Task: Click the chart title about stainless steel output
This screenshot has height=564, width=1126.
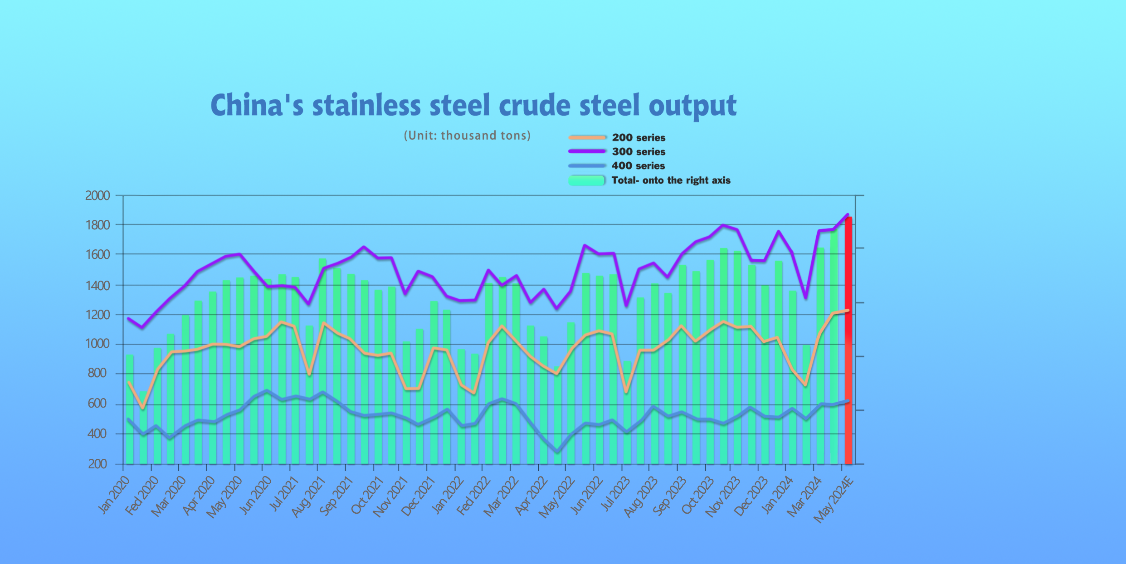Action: click(x=473, y=105)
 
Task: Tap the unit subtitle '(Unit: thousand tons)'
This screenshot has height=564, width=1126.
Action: click(x=467, y=136)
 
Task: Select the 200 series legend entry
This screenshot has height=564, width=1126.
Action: click(x=639, y=137)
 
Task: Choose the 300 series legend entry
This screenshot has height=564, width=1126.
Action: click(x=639, y=151)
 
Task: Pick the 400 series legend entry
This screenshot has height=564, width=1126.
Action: click(x=638, y=166)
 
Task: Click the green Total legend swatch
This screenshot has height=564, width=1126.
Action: click(x=587, y=180)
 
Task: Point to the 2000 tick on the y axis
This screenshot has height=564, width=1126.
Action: click(x=97, y=196)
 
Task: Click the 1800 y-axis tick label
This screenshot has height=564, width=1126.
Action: click(x=97, y=225)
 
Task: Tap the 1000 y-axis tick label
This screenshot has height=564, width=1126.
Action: click(x=97, y=344)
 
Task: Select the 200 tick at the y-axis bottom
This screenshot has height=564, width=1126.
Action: click(x=97, y=464)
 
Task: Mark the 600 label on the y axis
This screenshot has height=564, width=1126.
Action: click(x=97, y=404)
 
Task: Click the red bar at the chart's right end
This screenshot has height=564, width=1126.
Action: click(x=848, y=340)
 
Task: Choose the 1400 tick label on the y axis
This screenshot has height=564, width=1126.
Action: click(x=97, y=285)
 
